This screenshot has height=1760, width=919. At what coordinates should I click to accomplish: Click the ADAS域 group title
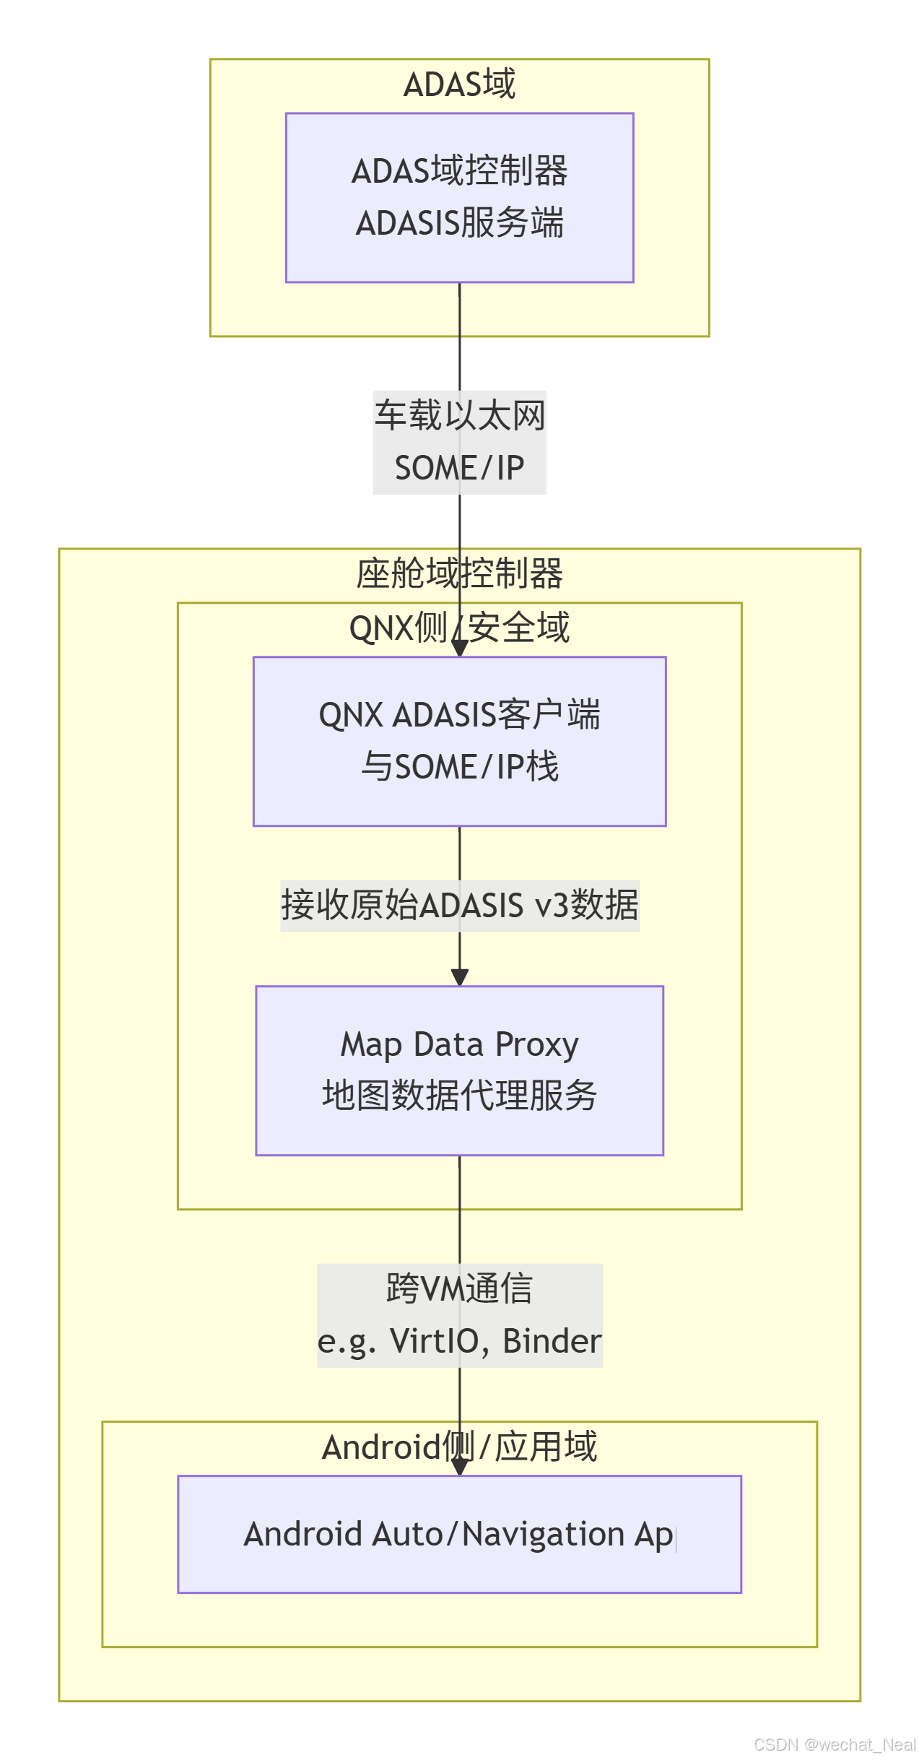pos(459,84)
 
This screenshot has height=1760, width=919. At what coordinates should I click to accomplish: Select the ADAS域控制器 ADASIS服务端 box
pos(459,197)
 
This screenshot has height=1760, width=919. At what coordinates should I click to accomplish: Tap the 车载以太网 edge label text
pos(459,416)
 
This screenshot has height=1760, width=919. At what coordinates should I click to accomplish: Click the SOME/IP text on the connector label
pos(459,468)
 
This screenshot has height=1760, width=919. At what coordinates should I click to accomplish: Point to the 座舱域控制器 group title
pos(459,573)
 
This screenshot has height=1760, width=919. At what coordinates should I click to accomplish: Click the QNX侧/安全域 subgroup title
pos(459,628)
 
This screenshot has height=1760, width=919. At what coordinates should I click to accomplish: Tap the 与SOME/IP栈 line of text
pos(459,767)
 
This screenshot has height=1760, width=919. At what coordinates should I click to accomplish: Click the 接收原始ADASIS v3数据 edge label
pos(459,906)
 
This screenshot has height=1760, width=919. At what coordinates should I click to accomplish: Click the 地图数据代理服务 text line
pos(459,1096)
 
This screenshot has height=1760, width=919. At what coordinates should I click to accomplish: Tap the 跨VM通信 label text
pos(459,1289)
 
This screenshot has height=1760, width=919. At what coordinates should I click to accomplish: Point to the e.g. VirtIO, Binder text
pos(459,1341)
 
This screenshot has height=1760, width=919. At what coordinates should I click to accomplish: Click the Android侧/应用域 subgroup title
pos(459,1447)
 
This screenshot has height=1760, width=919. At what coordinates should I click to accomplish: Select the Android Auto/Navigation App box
pos(459,1534)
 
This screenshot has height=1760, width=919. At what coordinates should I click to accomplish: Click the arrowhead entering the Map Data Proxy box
pos(460,978)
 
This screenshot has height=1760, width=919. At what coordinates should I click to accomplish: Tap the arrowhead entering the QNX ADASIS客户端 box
pos(460,649)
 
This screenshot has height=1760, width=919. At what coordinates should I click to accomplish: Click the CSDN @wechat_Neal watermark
pos(835,1745)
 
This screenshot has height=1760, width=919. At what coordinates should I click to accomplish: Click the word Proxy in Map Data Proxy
pos(537,1045)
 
